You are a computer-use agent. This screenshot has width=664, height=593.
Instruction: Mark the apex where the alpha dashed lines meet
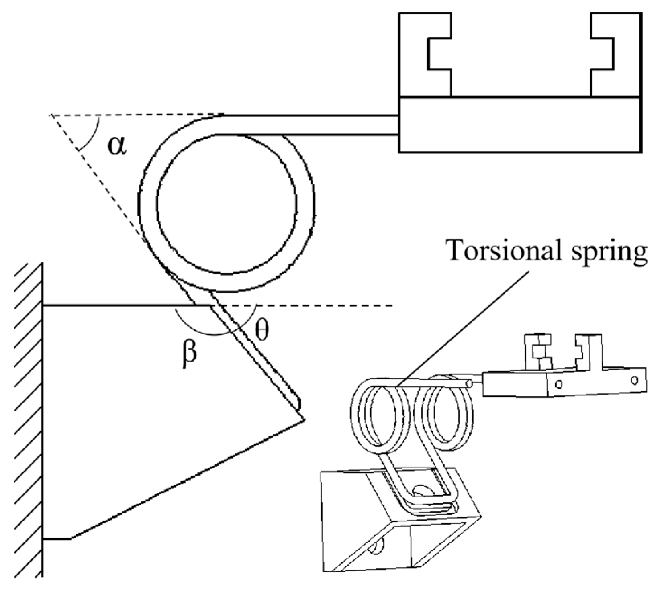pyautogui.click(x=51, y=115)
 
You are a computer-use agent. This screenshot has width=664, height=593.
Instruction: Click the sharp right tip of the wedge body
pyautogui.click(x=304, y=420)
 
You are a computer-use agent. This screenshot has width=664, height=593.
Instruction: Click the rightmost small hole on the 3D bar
pyautogui.click(x=635, y=380)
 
